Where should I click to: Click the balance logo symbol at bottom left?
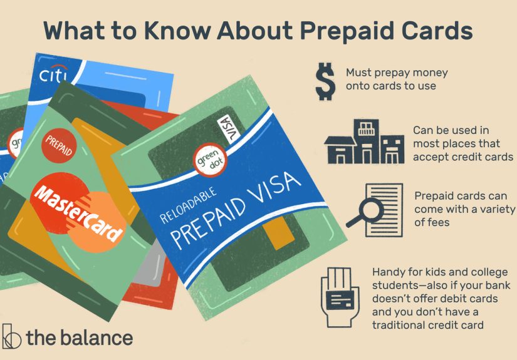pos(11,337)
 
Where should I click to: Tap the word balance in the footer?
pos(97,338)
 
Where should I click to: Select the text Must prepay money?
pos(397,73)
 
